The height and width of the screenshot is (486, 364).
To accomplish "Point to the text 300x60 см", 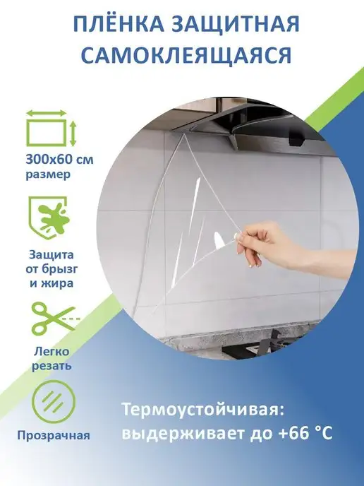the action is click(59, 160).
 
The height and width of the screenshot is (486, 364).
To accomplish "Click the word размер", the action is click(48, 174).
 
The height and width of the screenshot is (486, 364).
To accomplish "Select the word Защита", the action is click(51, 255).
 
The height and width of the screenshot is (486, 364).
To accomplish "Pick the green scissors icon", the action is click(54, 318).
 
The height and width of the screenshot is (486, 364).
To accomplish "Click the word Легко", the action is click(51, 352).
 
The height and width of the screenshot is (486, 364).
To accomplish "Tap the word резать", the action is click(51, 366).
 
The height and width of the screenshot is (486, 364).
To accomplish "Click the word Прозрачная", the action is click(54, 435).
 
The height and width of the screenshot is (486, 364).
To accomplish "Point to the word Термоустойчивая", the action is click(202, 410).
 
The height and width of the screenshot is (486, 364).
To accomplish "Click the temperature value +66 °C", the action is click(305, 433).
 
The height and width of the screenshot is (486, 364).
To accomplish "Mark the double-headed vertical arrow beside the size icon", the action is click(73, 134).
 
